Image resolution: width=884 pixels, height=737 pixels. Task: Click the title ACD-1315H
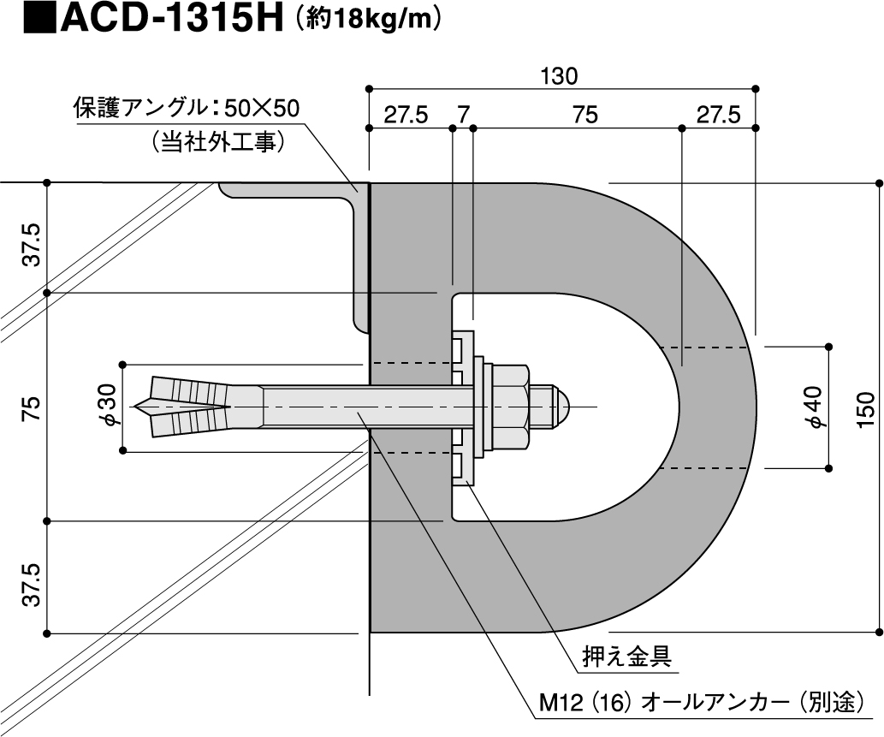172,19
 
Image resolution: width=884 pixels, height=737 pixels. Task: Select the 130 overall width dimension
560,76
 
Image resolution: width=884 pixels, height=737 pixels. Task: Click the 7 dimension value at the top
463,115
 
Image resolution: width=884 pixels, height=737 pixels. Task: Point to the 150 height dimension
867,409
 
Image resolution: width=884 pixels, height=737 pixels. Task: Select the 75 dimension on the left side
33,408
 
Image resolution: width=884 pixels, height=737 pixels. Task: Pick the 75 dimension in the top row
584,115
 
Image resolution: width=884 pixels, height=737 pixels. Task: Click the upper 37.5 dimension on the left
33,245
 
